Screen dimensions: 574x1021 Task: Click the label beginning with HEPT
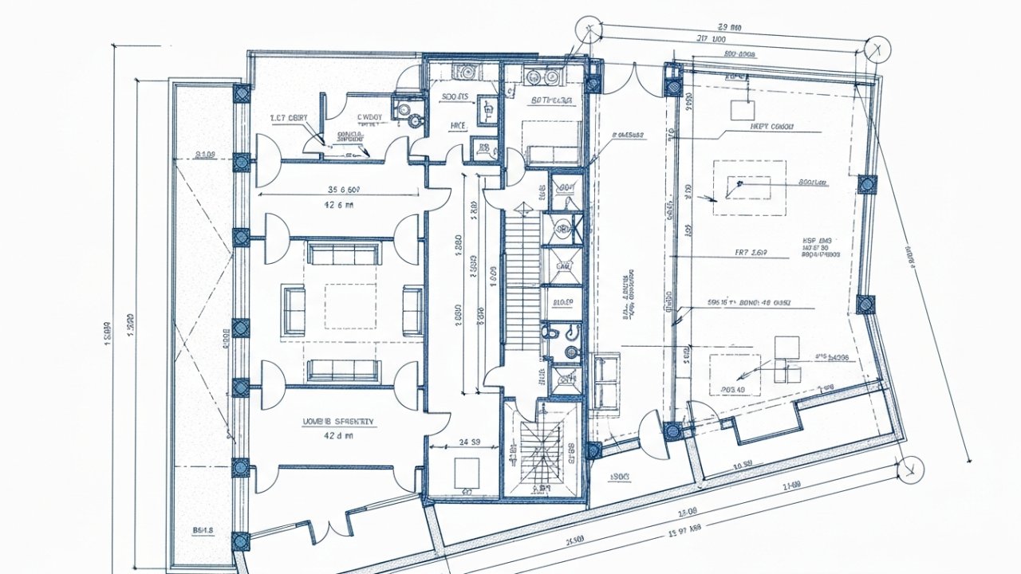(x=773, y=127)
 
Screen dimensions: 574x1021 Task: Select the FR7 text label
(x=750, y=253)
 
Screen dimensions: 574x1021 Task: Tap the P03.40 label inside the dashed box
(x=731, y=390)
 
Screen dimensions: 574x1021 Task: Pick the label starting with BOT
(x=551, y=101)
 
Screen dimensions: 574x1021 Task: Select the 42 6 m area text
(x=338, y=205)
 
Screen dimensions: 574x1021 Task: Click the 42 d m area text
(x=338, y=436)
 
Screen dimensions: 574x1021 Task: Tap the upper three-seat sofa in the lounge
(x=345, y=254)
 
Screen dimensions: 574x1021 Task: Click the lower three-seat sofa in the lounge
(x=345, y=370)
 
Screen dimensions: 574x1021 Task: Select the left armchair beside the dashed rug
(x=294, y=311)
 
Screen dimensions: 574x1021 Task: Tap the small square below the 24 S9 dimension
(x=466, y=473)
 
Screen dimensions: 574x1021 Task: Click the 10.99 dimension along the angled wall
(x=743, y=465)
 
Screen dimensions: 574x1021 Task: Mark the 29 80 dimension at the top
(x=730, y=28)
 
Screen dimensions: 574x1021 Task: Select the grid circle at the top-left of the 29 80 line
(x=589, y=29)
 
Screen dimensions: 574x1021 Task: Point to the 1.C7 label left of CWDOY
(x=289, y=118)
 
